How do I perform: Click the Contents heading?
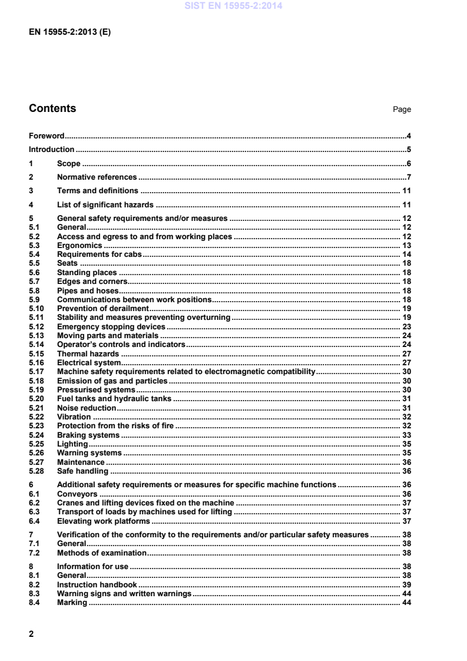pos(52,108)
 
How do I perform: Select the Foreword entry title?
pos(47,135)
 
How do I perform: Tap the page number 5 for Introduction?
pos(408,150)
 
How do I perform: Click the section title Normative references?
pos(97,177)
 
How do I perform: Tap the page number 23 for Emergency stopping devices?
pos(406,326)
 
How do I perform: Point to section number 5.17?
pos(36,372)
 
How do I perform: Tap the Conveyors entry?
pos(77,494)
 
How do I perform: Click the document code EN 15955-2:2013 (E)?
pos(69,32)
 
